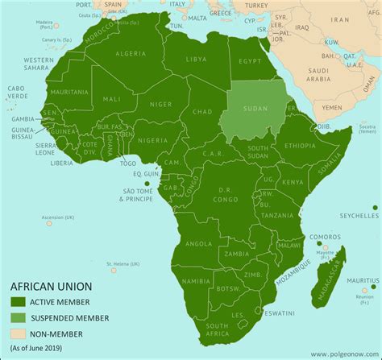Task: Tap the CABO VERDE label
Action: point(17,114)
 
